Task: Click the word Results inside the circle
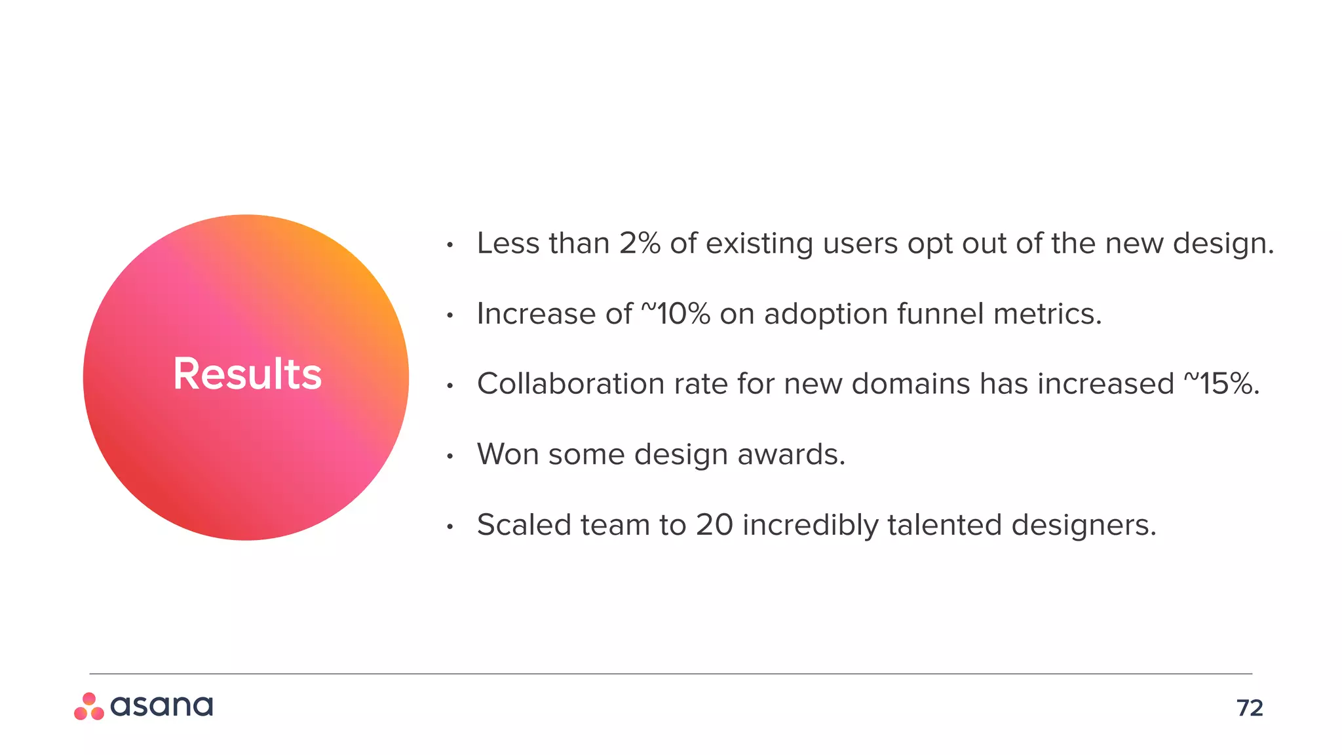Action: point(247,374)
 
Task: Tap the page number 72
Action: point(1250,708)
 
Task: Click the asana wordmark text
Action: point(161,706)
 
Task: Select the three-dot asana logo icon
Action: point(89,707)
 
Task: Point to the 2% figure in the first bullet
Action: point(640,244)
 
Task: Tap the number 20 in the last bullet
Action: point(714,525)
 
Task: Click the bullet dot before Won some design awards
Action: point(450,456)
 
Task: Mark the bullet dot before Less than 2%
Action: point(450,246)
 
